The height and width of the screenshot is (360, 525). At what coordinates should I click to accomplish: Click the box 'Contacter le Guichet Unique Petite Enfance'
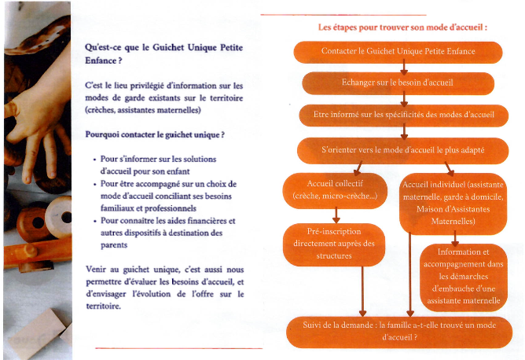point(398,52)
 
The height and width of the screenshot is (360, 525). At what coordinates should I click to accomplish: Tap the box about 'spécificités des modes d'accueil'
point(403,116)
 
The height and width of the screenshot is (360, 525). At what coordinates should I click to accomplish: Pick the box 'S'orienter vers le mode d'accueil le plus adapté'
point(402,149)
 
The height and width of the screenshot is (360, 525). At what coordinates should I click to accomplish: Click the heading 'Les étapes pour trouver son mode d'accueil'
point(402,27)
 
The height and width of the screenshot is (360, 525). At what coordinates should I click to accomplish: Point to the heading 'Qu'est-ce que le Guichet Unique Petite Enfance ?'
point(152,53)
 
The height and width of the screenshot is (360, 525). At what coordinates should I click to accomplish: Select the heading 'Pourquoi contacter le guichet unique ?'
point(155,134)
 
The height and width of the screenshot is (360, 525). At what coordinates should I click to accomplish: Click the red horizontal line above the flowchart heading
point(343,13)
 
